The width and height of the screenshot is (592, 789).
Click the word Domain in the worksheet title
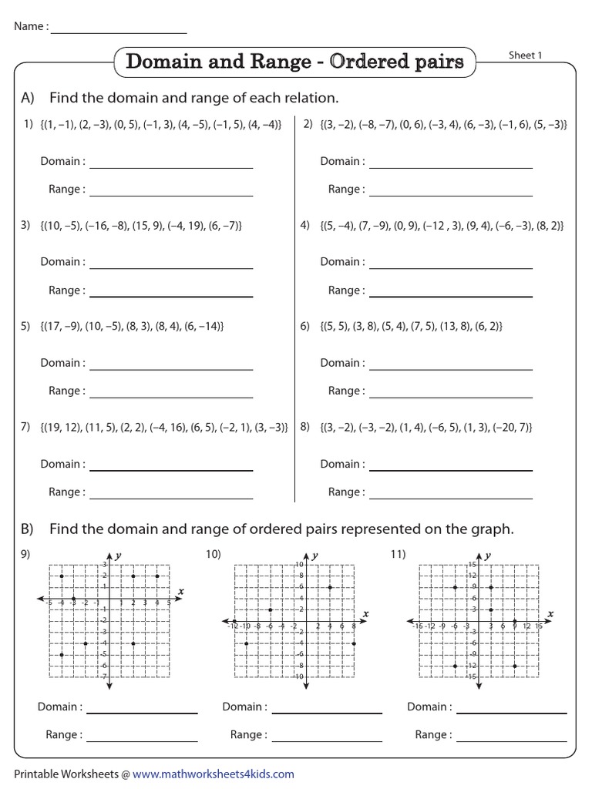[163, 62]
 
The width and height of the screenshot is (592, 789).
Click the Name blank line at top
[119, 32]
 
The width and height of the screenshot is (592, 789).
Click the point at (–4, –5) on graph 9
[62, 654]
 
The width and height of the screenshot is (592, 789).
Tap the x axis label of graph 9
[180, 591]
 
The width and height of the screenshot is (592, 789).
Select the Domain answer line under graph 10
[327, 711]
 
